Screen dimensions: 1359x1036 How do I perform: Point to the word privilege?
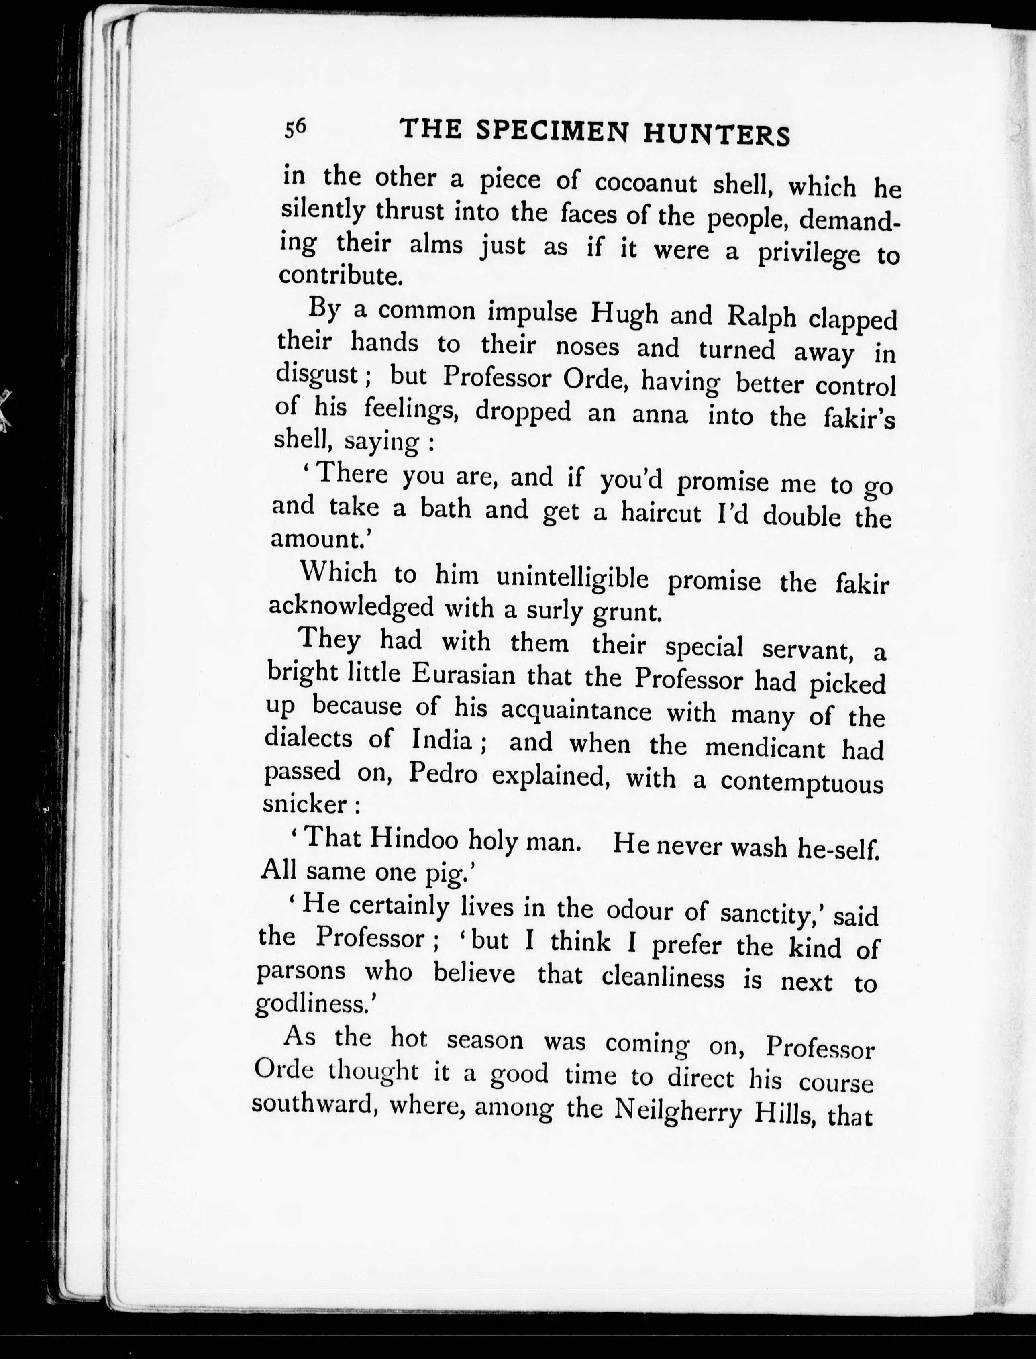click(x=808, y=253)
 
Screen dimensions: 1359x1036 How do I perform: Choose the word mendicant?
click(x=765, y=747)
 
